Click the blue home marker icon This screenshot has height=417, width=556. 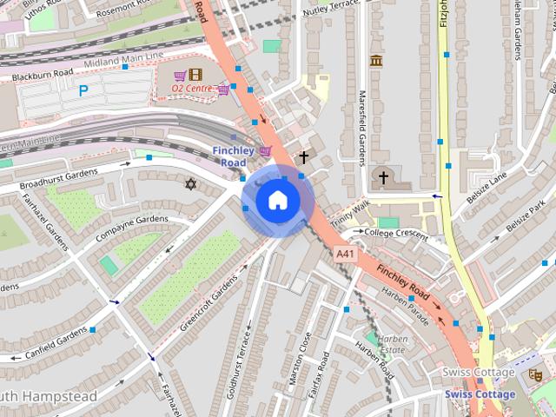[x=276, y=201]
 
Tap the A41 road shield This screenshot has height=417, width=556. [x=345, y=253]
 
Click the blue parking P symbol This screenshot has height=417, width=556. [x=83, y=89]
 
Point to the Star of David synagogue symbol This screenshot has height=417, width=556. [x=191, y=183]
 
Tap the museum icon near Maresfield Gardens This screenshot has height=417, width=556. [x=376, y=61]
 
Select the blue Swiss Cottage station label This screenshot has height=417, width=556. [x=480, y=394]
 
